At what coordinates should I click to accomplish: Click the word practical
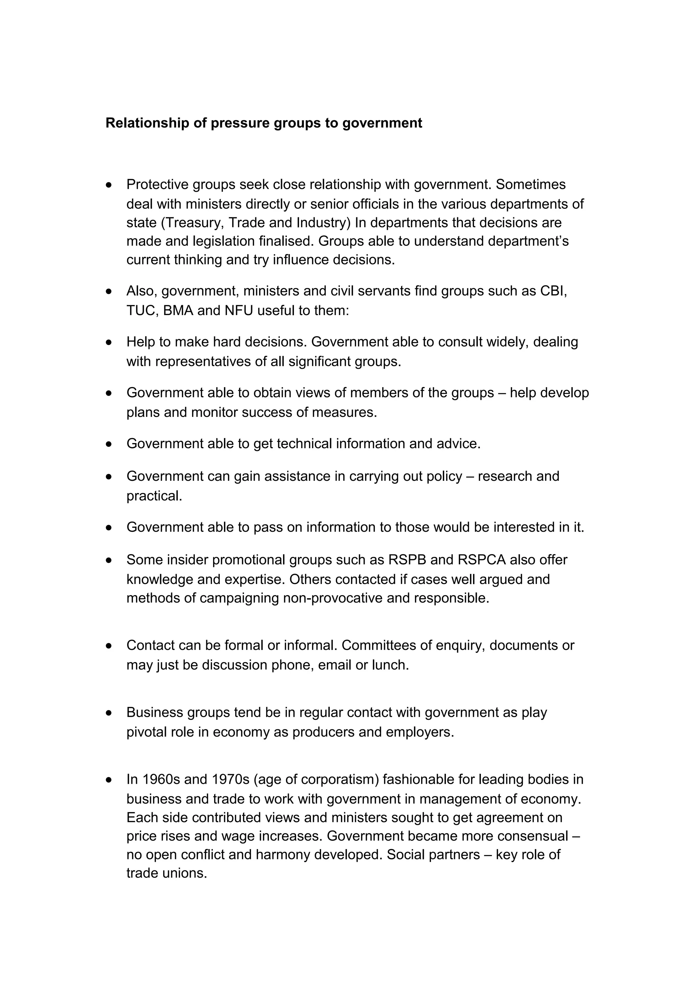click(x=154, y=496)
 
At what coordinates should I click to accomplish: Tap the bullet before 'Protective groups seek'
click(x=109, y=185)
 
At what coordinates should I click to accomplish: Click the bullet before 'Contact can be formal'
click(x=109, y=646)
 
